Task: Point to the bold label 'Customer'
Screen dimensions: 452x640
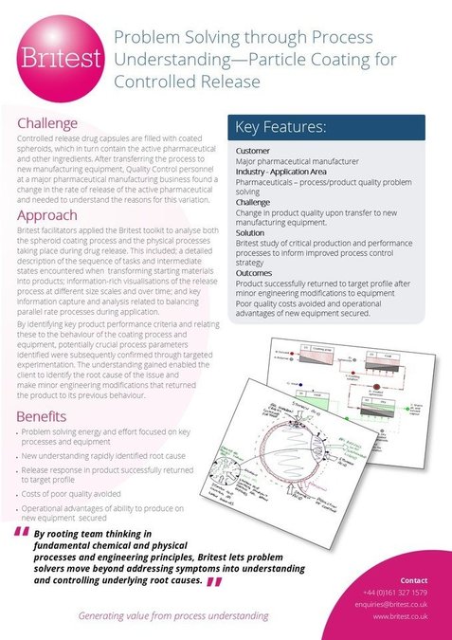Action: pyautogui.click(x=253, y=150)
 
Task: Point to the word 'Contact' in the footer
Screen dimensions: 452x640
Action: pyautogui.click(x=414, y=579)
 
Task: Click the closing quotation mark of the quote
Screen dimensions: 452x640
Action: pyautogui.click(x=213, y=582)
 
